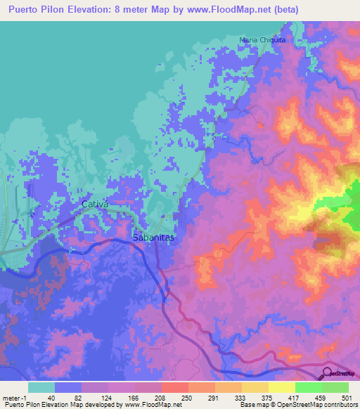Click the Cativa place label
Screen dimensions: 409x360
click(x=96, y=204)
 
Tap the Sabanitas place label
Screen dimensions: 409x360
click(x=153, y=238)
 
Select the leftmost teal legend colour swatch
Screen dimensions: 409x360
click(x=41, y=387)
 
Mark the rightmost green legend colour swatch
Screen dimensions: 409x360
click(x=335, y=387)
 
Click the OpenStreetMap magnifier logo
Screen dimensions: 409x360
click(x=328, y=373)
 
